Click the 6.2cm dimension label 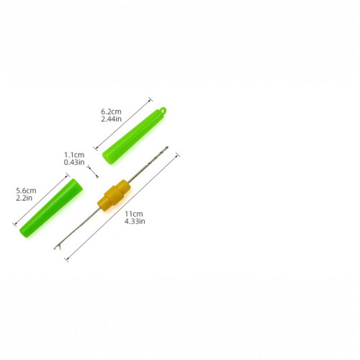click(111, 112)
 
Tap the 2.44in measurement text click(112, 119)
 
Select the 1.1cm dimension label click(74, 155)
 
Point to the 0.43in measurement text click(74, 162)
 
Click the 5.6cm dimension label click(26, 191)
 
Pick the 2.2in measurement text click(24, 198)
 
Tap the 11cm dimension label click(134, 214)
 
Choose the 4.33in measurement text click(135, 221)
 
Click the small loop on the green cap click(163, 110)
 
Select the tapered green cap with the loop click(133, 136)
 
